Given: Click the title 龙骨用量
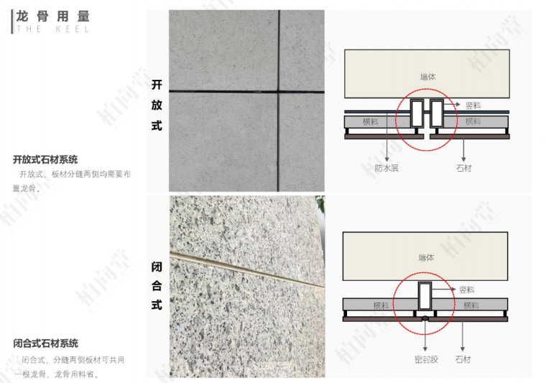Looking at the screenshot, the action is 53,17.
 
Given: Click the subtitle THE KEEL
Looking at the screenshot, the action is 53,29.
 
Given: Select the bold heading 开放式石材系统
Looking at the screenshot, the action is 45,160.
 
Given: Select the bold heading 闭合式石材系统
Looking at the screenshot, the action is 45,343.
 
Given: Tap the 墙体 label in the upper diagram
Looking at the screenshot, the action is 428,77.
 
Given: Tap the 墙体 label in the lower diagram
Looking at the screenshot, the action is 426,258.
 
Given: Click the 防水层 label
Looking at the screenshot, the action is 387,168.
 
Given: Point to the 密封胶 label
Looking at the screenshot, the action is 426,359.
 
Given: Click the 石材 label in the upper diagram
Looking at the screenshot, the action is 464,168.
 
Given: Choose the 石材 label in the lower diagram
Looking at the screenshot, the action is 463,359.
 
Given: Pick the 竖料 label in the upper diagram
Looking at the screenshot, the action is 473,105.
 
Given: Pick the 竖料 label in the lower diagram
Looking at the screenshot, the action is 466,290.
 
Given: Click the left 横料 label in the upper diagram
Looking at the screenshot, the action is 370,121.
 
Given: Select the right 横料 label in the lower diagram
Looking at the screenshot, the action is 471,305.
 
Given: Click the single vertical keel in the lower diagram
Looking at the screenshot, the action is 425,296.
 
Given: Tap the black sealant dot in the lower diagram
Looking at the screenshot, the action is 425,318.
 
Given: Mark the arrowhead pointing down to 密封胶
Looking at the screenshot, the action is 425,349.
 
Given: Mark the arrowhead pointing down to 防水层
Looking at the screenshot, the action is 387,159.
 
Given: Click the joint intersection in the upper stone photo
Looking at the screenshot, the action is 278,91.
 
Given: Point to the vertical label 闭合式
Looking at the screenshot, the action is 157,286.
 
